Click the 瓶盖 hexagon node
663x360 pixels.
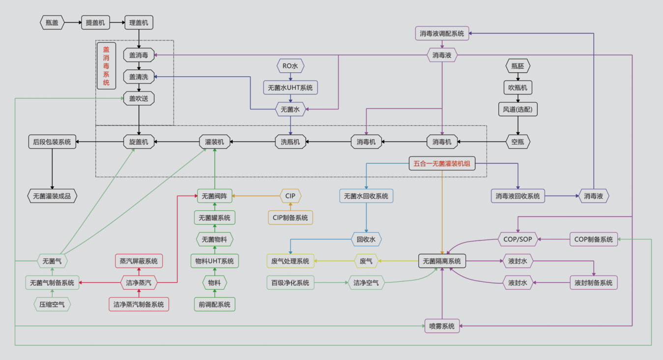(x=52, y=23)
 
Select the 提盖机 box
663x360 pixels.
(x=95, y=23)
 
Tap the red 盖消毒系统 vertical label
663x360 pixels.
(x=106, y=66)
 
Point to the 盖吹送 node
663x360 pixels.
(x=139, y=98)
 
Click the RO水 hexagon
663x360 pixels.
(x=290, y=65)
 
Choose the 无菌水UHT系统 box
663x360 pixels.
(x=290, y=88)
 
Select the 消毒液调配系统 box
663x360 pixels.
(x=442, y=33)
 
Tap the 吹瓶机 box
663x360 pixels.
(x=518, y=88)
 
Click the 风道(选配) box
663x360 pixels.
(x=518, y=109)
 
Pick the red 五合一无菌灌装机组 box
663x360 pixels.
(x=442, y=164)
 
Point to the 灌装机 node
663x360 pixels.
(x=215, y=142)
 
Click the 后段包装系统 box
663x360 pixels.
(x=52, y=142)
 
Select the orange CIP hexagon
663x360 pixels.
(x=290, y=196)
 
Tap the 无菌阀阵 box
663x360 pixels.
(x=215, y=196)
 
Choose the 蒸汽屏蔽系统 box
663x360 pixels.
(x=139, y=261)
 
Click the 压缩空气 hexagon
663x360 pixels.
(x=52, y=304)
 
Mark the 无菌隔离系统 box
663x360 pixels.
(x=442, y=261)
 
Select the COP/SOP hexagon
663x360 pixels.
(x=518, y=240)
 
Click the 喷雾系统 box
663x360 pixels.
(x=442, y=326)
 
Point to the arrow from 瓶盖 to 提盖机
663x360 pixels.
(x=73, y=23)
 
